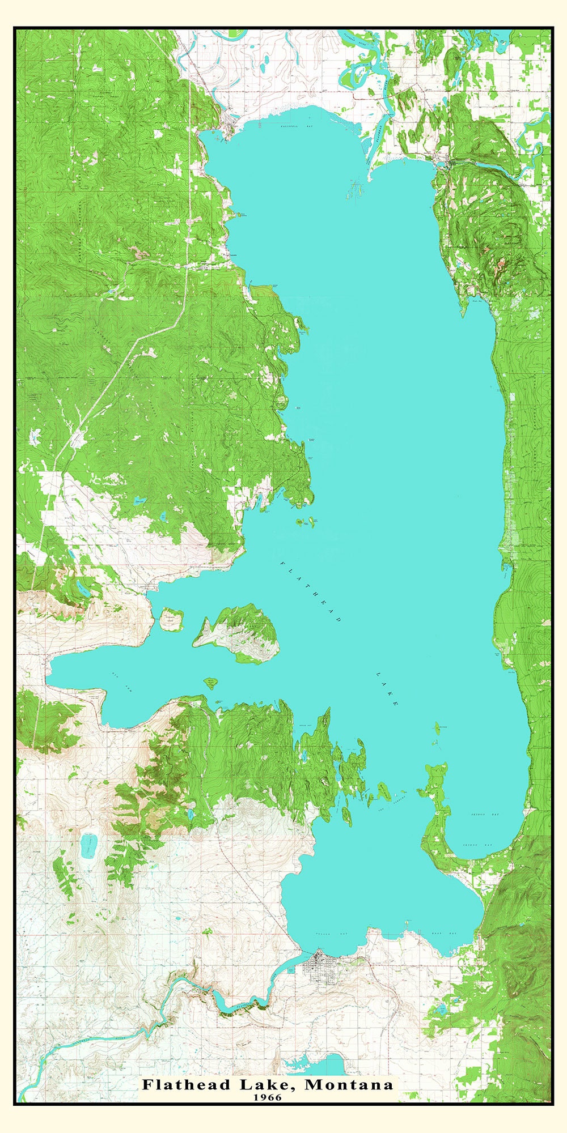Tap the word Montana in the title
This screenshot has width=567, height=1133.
[349, 1085]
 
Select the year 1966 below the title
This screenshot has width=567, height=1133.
[268, 1097]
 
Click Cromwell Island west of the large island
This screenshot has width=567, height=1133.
[171, 619]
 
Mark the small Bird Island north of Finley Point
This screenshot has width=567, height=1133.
[437, 727]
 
